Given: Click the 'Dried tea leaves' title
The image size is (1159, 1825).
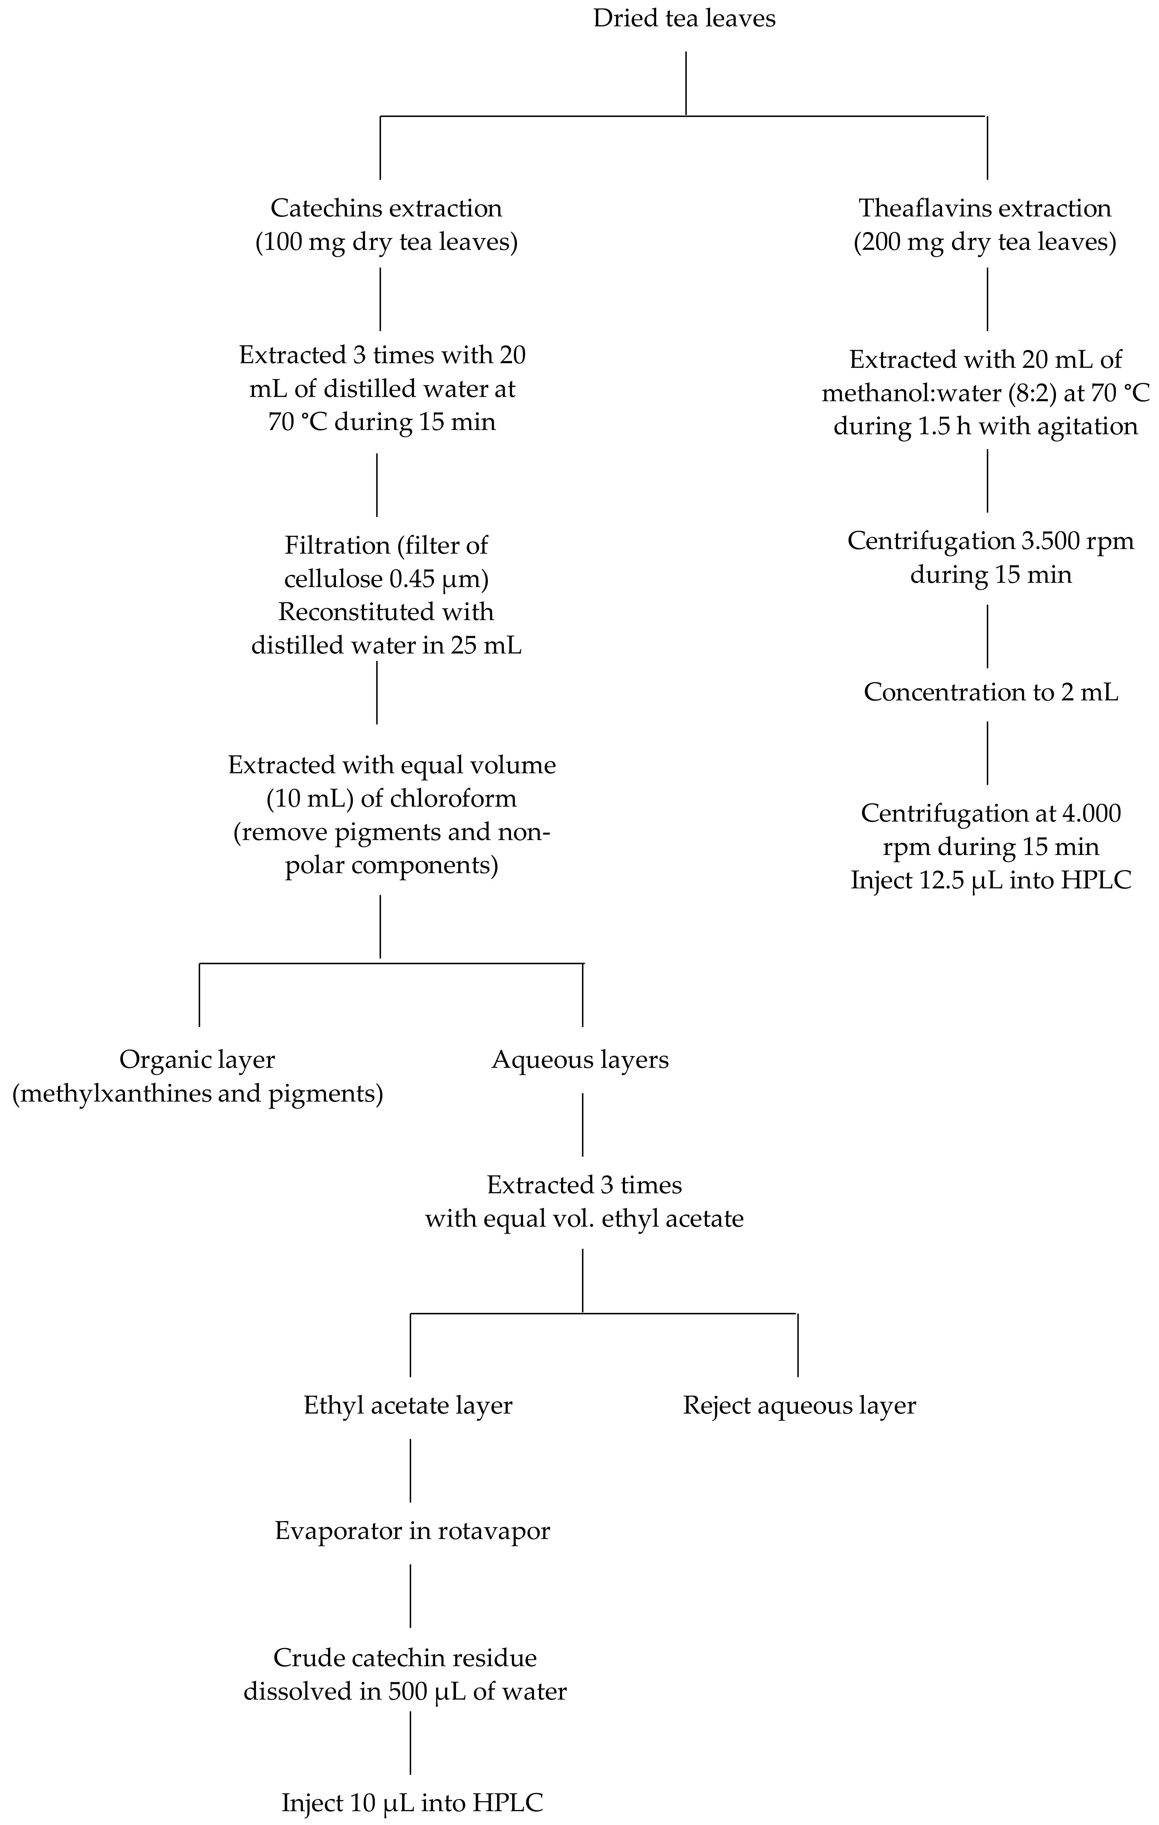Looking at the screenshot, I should [684, 18].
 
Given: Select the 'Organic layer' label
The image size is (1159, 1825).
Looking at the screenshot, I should [197, 1060].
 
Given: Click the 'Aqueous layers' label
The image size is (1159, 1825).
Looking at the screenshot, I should [580, 1060].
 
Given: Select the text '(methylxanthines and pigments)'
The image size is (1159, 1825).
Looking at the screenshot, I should [197, 1094].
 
